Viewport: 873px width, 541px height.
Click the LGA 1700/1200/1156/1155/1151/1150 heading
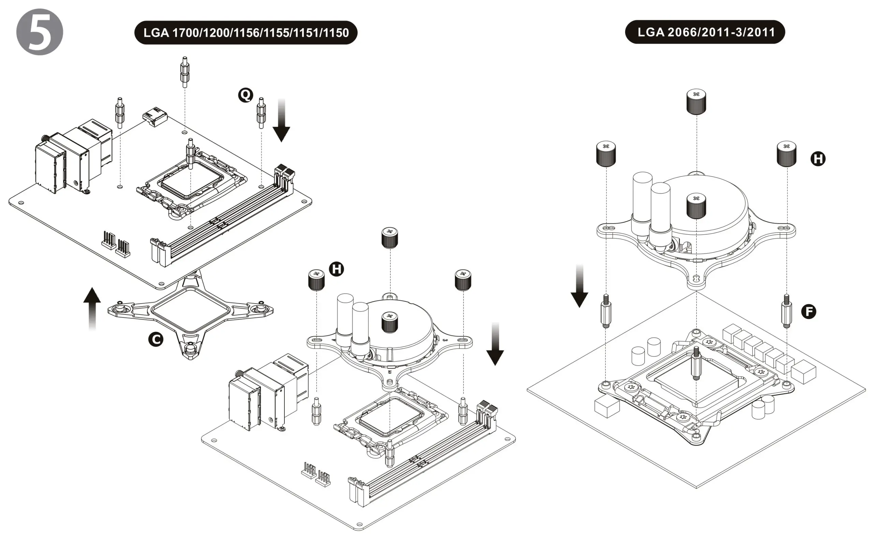pyautogui.click(x=246, y=33)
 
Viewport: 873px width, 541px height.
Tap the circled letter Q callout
pyautogui.click(x=245, y=95)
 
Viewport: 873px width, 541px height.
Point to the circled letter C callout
pyautogui.click(x=156, y=339)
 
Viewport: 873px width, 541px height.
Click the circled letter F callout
pyautogui.click(x=808, y=311)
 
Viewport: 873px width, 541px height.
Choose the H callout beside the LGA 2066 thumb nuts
pyautogui.click(x=817, y=158)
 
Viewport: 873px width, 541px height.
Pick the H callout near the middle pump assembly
pyautogui.click(x=336, y=269)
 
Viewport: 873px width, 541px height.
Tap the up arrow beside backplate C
pyautogui.click(x=92, y=308)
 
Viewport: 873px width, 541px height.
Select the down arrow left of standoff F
pyautogui.click(x=579, y=286)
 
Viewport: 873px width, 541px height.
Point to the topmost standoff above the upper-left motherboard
pyautogui.click(x=184, y=72)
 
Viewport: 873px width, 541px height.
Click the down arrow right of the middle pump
pyautogui.click(x=495, y=343)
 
